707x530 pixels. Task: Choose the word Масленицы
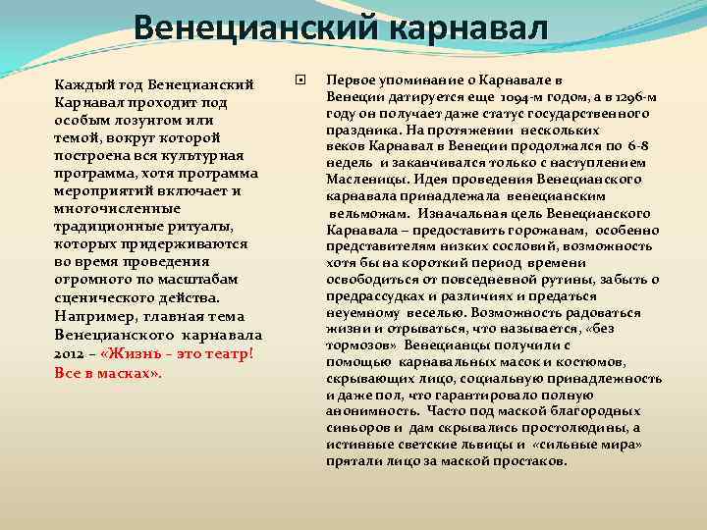point(363,180)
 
